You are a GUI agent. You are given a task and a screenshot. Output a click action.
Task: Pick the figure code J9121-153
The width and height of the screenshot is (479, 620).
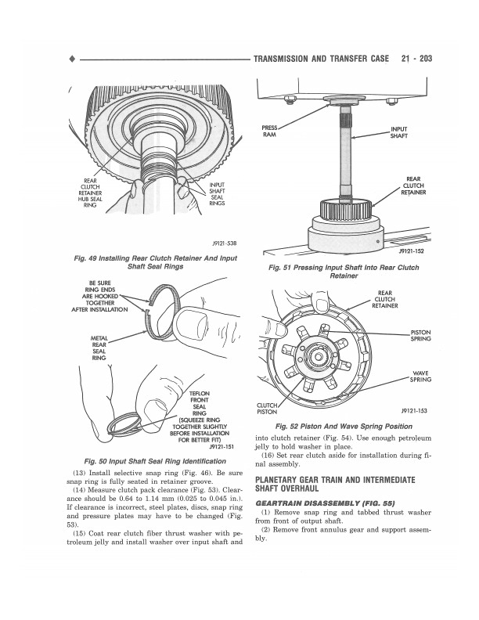point(413,409)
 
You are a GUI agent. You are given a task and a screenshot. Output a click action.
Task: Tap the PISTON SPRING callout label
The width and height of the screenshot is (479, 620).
point(420,336)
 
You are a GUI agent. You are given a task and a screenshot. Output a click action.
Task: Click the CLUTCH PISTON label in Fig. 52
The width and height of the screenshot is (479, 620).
point(268,408)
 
